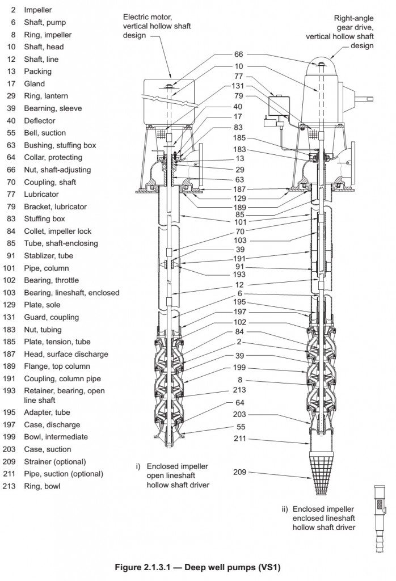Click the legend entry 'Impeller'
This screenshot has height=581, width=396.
coord(37,10)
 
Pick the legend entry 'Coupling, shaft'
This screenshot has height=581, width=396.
coord(49,182)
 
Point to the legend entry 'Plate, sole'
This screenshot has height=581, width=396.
coord(40,305)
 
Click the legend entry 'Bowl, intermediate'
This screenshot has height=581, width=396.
coord(55,437)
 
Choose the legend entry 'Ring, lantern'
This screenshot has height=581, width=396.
coord(44,96)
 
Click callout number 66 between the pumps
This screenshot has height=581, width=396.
coord(238,55)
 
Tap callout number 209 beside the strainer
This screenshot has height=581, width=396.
coord(241,472)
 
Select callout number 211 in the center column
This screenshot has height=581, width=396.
coord(240,438)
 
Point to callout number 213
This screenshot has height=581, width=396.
coord(239,390)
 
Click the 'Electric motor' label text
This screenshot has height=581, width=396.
coord(149,18)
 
